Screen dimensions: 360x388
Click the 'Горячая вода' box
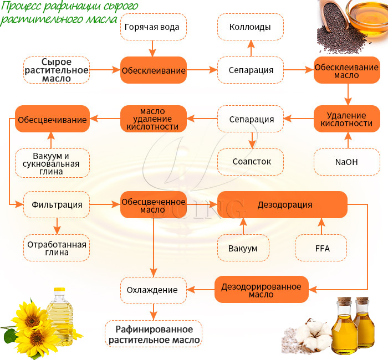[152, 27]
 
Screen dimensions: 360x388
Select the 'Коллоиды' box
[250, 27]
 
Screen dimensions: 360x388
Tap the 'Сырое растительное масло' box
[57, 70]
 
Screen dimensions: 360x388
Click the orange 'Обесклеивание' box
[154, 70]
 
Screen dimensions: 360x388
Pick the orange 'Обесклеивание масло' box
[348, 70]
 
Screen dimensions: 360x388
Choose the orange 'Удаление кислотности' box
[348, 119]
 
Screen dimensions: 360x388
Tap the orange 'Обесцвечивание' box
[52, 119]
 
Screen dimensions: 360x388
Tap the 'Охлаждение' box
[152, 290]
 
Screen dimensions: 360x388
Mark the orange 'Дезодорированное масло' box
[261, 290]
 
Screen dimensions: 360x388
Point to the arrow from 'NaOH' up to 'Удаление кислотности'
[348, 141]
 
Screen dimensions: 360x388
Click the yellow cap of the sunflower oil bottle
[59, 290]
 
